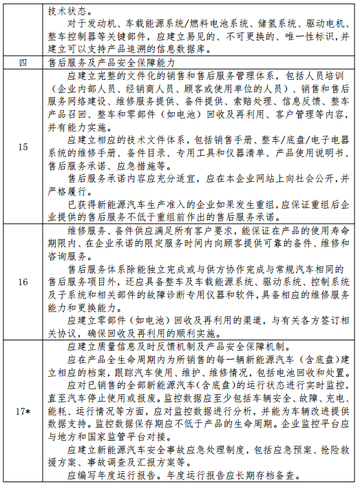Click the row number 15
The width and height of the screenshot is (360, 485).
tap(23, 147)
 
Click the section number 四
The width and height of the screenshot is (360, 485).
tap(23, 63)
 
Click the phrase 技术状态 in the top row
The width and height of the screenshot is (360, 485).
tap(67, 12)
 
